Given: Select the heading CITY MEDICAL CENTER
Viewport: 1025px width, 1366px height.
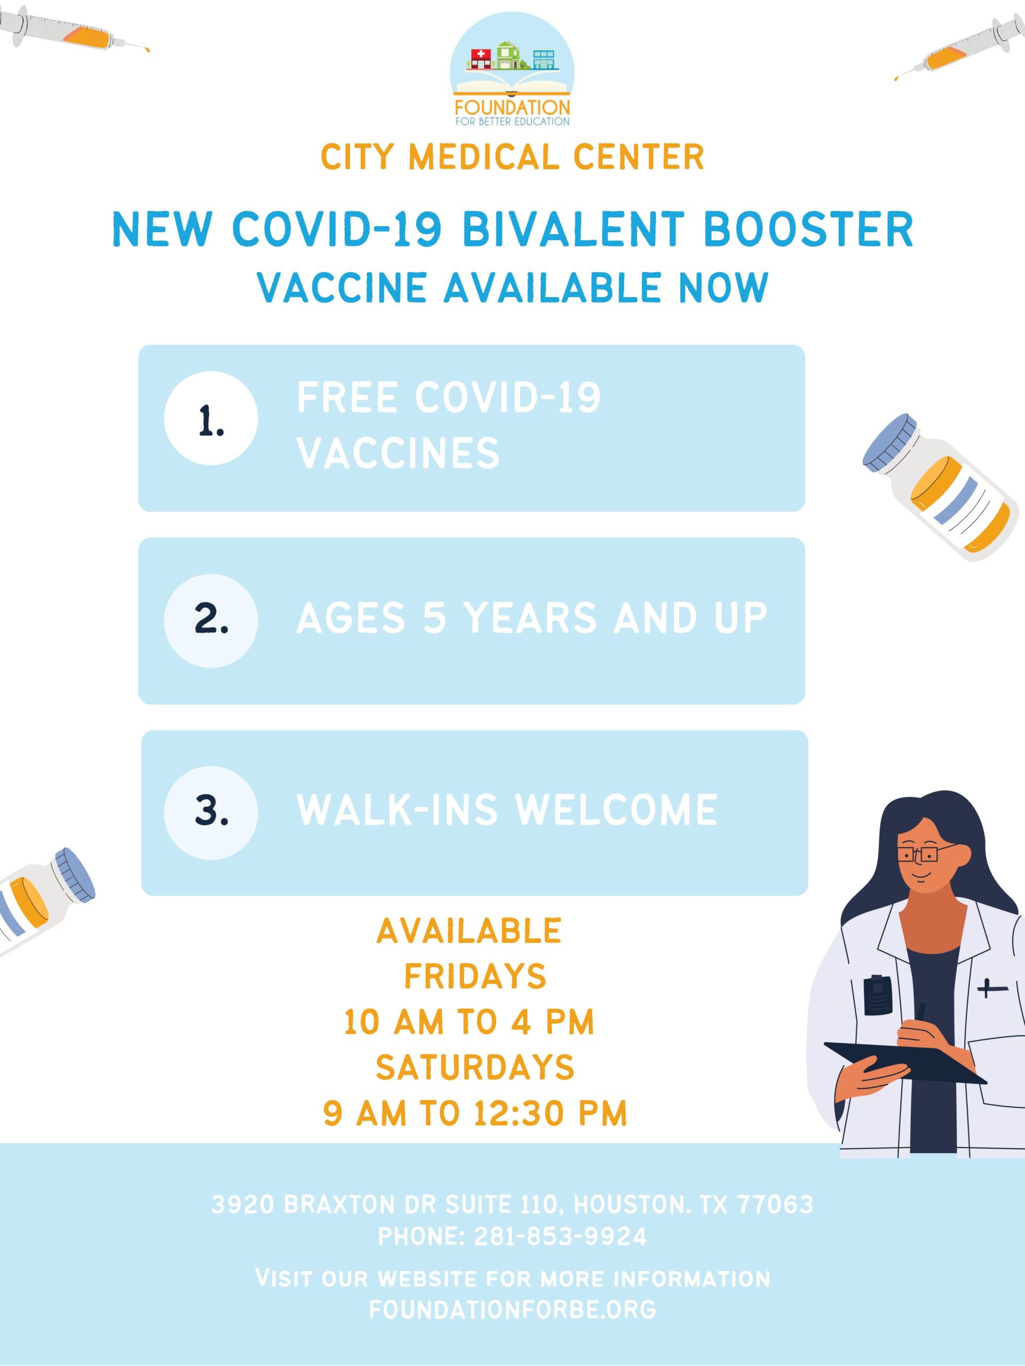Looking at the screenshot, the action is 512,157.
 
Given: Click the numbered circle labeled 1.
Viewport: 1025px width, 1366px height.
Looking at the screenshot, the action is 211,419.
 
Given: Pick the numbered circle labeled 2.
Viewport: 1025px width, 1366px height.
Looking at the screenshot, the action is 211,621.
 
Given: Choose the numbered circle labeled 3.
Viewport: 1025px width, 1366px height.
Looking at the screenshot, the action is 211,813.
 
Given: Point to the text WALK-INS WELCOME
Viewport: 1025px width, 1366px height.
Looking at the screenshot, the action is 507,809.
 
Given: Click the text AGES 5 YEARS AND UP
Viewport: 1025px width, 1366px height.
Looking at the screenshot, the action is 532,617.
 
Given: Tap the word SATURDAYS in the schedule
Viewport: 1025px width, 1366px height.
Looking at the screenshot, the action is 475,1067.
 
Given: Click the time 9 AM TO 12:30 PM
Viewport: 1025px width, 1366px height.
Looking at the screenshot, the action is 475,1113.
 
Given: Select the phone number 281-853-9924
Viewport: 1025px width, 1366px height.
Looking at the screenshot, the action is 561,1236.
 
